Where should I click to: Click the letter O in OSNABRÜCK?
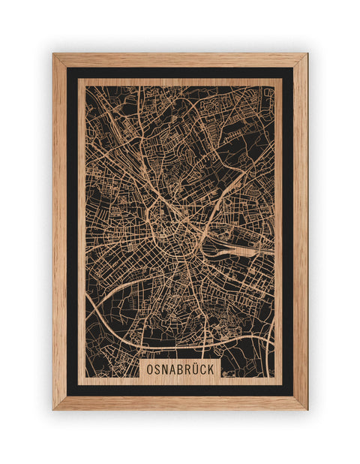click(x=150, y=370)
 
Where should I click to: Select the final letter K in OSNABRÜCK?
click(x=210, y=370)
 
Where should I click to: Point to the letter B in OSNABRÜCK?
click(x=178, y=370)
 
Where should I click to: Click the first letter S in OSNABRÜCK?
click(x=156, y=370)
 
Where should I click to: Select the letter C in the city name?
click(x=202, y=370)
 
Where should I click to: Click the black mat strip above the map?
click(x=180, y=73)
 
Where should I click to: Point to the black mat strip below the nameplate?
click(x=180, y=390)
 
